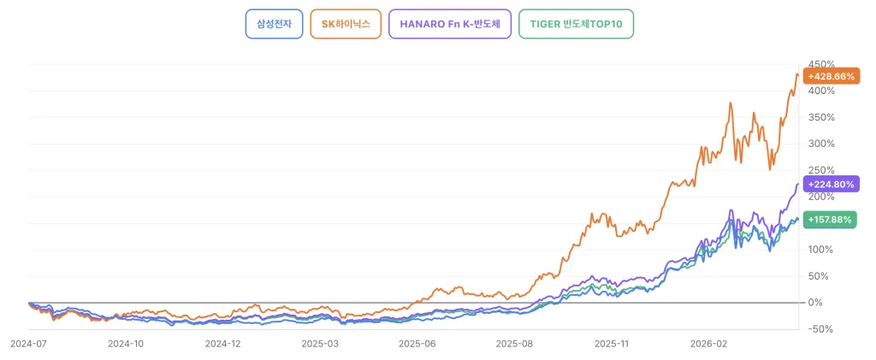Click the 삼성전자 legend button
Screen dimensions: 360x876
click(274, 24)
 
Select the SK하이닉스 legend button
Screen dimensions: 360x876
click(346, 24)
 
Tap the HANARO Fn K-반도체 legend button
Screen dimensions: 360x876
click(450, 24)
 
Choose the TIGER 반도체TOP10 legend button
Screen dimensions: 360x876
click(577, 24)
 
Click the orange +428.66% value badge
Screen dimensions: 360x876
click(832, 76)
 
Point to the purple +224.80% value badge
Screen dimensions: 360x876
click(832, 183)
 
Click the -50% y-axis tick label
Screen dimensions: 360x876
click(822, 328)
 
